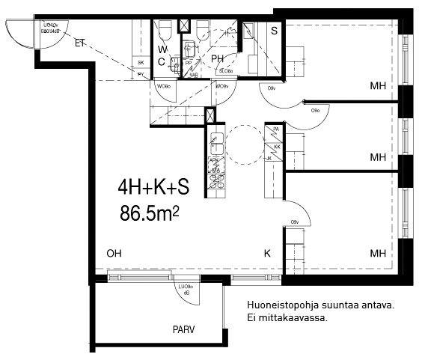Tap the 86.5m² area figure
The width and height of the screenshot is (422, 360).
150,213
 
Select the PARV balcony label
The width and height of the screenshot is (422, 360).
183,329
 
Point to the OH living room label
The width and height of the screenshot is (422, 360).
114,254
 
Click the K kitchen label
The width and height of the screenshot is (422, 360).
266,254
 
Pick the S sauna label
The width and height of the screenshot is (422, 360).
275,31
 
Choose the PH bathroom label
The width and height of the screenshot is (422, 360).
218,58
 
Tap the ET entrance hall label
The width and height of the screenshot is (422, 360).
80,42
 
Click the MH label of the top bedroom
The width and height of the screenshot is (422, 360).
377,87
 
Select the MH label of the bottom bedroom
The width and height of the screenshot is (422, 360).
377,254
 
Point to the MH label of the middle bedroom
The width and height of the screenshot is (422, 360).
377,158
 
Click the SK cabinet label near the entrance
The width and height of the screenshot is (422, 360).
140,63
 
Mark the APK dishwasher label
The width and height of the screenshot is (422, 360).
214,160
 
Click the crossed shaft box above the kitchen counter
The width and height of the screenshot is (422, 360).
210,116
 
